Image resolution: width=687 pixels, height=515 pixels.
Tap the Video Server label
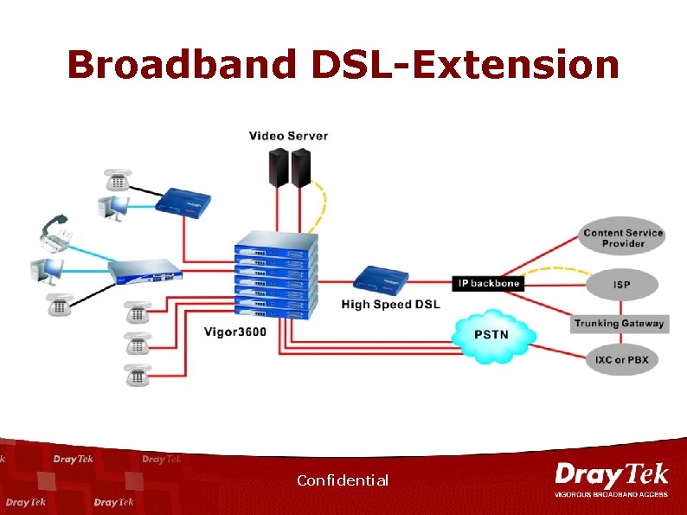[288, 136]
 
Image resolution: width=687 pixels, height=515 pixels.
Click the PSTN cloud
[492, 334]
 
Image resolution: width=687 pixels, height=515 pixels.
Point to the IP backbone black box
[488, 283]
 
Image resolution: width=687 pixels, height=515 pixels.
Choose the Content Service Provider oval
[623, 238]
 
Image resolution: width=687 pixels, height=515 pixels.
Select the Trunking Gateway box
[620, 324]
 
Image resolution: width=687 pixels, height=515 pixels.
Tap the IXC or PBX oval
[621, 360]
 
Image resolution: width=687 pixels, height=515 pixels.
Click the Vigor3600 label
[235, 331]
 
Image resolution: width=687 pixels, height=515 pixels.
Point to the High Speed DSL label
[390, 304]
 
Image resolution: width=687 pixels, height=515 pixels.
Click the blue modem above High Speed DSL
[380, 279]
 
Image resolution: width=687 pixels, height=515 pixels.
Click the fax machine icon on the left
[57, 234]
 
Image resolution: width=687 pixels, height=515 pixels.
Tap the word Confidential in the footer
[342, 480]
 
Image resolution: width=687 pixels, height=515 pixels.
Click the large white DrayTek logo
[611, 475]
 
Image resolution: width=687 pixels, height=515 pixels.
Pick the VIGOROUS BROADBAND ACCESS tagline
[611, 495]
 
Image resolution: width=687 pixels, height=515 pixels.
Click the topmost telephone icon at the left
[118, 180]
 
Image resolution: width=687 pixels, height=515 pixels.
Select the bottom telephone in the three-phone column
[136, 375]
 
